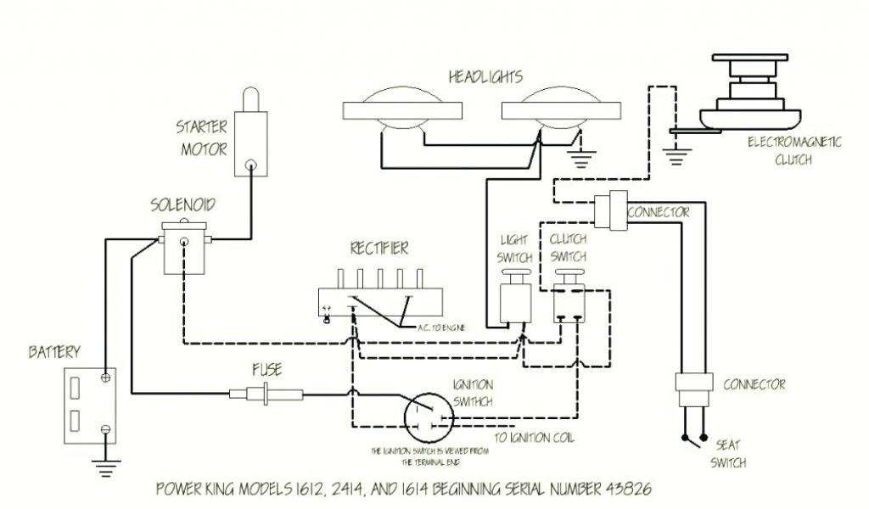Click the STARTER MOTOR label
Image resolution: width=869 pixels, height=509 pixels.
[202, 139]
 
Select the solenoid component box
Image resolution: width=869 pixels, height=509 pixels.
[182, 247]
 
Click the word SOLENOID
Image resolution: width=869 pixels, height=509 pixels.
[182, 204]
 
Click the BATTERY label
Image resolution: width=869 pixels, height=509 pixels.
[54, 351]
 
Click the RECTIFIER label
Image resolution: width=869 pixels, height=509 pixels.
[378, 249]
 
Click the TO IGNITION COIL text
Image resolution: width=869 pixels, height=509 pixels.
[535, 439]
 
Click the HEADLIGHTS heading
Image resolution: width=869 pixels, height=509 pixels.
[485, 77]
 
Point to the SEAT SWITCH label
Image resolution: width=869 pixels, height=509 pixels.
[732, 454]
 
